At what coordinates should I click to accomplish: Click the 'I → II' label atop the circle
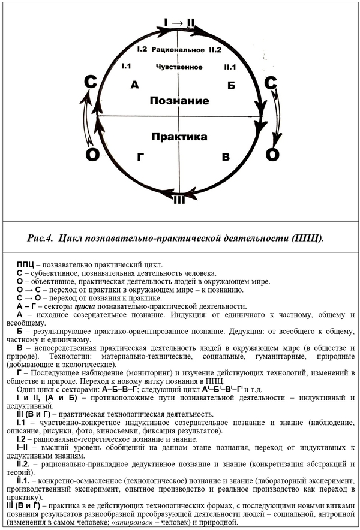pyautogui.click(x=179, y=23)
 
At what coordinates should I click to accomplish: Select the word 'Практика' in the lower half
pyautogui.click(x=179, y=137)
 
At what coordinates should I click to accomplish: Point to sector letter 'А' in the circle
pyautogui.click(x=134, y=86)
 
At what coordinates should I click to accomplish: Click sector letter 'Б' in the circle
pyautogui.click(x=231, y=85)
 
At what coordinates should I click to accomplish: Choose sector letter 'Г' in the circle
pyautogui.click(x=141, y=158)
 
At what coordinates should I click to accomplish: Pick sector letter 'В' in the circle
pyautogui.click(x=226, y=157)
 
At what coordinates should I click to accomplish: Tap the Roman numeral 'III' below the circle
pyautogui.click(x=179, y=200)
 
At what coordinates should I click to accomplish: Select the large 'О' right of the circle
pyautogui.click(x=272, y=155)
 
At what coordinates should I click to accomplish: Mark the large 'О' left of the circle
pyautogui.click(x=92, y=155)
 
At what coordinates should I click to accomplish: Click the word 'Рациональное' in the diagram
pyautogui.click(x=178, y=48)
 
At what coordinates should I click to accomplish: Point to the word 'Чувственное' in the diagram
pyautogui.click(x=178, y=66)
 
